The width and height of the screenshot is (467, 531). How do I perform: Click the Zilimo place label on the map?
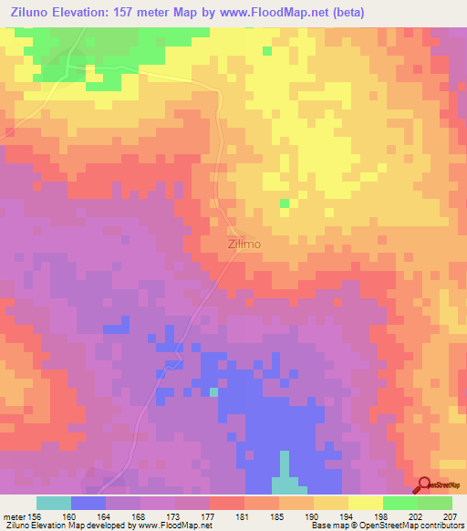(244, 245)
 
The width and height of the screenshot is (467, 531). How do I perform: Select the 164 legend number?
(105, 515)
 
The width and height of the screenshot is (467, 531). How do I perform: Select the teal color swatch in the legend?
(54, 503)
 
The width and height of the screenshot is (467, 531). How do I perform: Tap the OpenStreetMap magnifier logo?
(423, 485)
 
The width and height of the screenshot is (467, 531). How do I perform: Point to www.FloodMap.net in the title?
(290, 12)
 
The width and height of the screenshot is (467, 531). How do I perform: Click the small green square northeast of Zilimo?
(285, 203)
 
